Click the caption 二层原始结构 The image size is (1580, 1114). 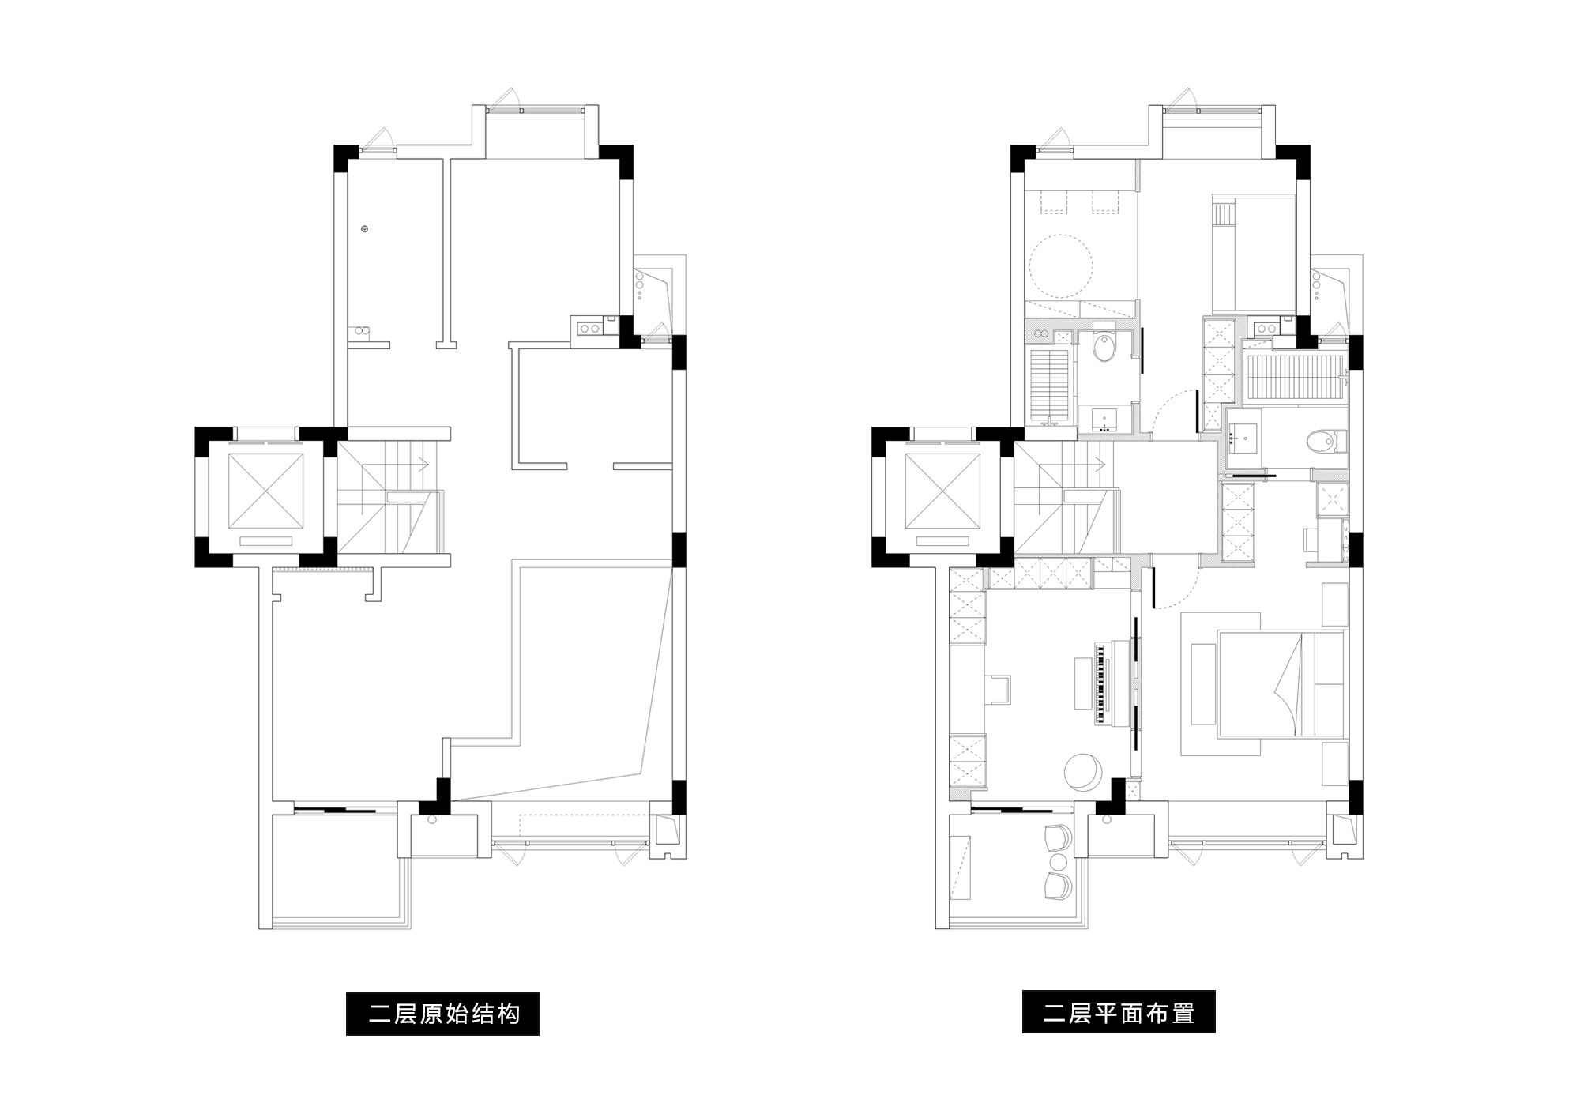pyautogui.click(x=442, y=1014)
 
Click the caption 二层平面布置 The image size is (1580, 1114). pyautogui.click(x=1119, y=1012)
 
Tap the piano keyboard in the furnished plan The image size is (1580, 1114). pyautogui.click(x=1099, y=683)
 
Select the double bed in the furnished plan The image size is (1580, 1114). pyautogui.click(x=1281, y=684)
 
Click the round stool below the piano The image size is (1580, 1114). pyautogui.click(x=1082, y=772)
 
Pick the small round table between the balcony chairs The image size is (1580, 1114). pyautogui.click(x=1058, y=860)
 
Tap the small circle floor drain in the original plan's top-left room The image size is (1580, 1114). pyautogui.click(x=364, y=229)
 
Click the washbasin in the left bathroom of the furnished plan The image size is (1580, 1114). pyautogui.click(x=1105, y=419)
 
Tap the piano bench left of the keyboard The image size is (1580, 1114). pyautogui.click(x=1082, y=683)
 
